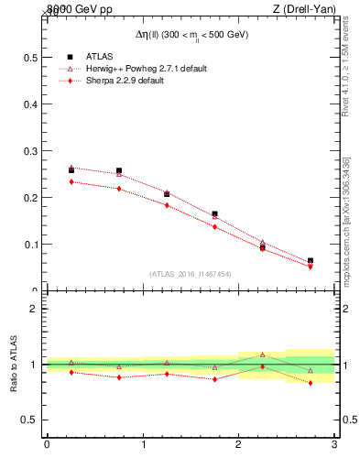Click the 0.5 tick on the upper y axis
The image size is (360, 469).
(30, 57)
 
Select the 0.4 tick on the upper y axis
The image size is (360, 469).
(30, 104)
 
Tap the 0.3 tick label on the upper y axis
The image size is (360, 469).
(30, 150)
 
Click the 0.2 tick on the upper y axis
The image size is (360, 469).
(30, 197)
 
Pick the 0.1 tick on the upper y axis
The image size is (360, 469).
(30, 244)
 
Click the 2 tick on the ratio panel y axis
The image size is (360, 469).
(36, 309)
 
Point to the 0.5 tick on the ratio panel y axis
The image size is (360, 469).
(30, 420)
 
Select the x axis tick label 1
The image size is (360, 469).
(143, 446)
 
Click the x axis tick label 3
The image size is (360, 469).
(334, 446)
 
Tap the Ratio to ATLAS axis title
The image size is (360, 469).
(13, 364)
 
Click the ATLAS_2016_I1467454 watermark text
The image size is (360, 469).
(191, 273)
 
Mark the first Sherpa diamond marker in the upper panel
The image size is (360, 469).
(71, 181)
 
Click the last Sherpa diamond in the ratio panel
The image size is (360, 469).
(311, 383)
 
